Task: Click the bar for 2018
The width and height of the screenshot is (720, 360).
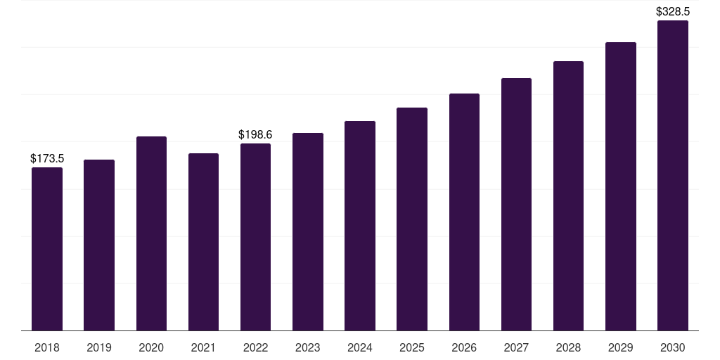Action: click(47, 249)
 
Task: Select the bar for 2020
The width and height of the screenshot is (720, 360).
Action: click(152, 233)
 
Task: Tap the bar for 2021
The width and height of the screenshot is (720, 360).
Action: click(203, 242)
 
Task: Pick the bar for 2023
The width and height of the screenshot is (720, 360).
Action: click(308, 232)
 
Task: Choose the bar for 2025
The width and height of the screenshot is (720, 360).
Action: click(412, 219)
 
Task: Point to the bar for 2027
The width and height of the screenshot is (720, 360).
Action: click(516, 205)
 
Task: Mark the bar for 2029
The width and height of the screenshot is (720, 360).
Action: click(621, 186)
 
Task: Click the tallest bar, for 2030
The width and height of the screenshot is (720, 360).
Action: click(673, 175)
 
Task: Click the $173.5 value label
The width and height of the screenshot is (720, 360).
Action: click(47, 158)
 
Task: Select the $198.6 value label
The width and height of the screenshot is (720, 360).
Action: click(255, 134)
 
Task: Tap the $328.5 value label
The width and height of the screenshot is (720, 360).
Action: click(673, 11)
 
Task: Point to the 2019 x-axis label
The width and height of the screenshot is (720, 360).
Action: click(99, 347)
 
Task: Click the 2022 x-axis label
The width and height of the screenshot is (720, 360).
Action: click(255, 347)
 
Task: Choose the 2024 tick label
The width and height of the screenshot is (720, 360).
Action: click(360, 347)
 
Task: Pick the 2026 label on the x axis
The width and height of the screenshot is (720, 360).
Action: click(464, 347)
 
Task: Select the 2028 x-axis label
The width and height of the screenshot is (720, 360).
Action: click(568, 347)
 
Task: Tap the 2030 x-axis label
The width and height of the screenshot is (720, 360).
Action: click(673, 347)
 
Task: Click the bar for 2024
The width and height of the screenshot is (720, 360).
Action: click(360, 226)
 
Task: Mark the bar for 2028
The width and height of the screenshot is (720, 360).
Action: click(568, 196)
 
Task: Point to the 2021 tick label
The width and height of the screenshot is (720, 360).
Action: click(203, 347)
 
